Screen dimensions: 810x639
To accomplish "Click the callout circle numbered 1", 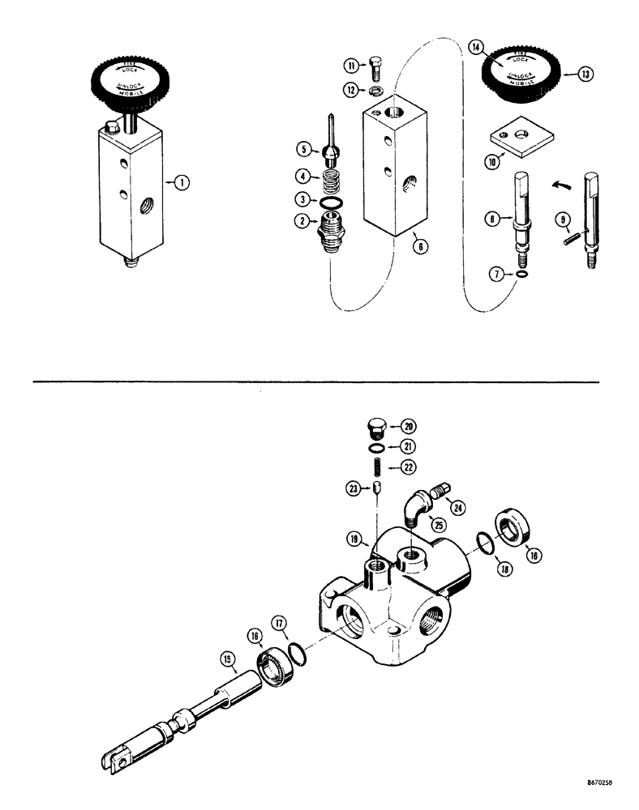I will [183, 183].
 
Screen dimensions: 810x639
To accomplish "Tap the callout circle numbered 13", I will [585, 74].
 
